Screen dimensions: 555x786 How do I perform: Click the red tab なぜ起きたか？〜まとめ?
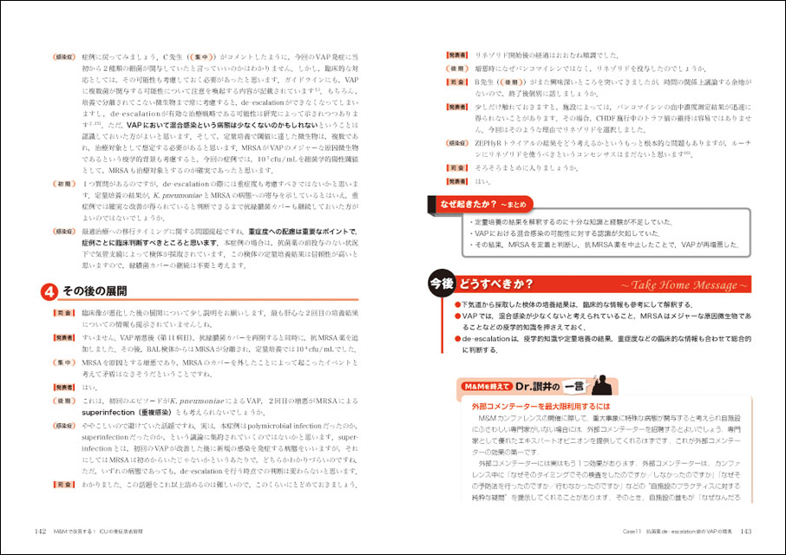pos(481,205)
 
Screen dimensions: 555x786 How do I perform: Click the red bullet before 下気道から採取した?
pos(458,305)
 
